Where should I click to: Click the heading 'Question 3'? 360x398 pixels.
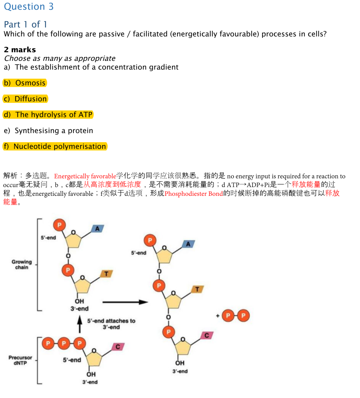[x=29, y=6]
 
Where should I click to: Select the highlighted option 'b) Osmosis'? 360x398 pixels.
[x=25, y=83]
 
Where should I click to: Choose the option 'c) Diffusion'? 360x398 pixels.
[x=25, y=99]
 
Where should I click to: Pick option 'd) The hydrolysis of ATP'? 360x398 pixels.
[x=48, y=114]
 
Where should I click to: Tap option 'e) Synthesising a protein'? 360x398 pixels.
[x=48, y=131]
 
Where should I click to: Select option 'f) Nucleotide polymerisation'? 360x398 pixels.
[x=55, y=146]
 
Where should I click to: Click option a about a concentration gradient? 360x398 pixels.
[x=91, y=67]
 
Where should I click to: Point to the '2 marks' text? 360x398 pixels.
[x=20, y=50]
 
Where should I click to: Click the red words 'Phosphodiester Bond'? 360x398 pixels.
[x=194, y=194]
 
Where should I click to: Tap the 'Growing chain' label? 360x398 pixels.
[x=22, y=264]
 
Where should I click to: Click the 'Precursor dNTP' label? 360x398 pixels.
[x=21, y=360]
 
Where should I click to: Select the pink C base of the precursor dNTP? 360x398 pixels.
[x=118, y=347]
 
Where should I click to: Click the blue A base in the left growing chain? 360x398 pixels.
[x=97, y=229]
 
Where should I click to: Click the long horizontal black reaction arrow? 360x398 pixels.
[x=125, y=302]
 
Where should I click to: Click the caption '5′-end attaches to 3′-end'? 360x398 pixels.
[x=111, y=324]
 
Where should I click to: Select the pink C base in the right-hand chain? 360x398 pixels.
[x=207, y=335]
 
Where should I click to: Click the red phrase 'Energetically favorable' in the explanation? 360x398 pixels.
[x=85, y=176]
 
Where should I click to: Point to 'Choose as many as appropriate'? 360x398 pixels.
[x=60, y=58]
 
